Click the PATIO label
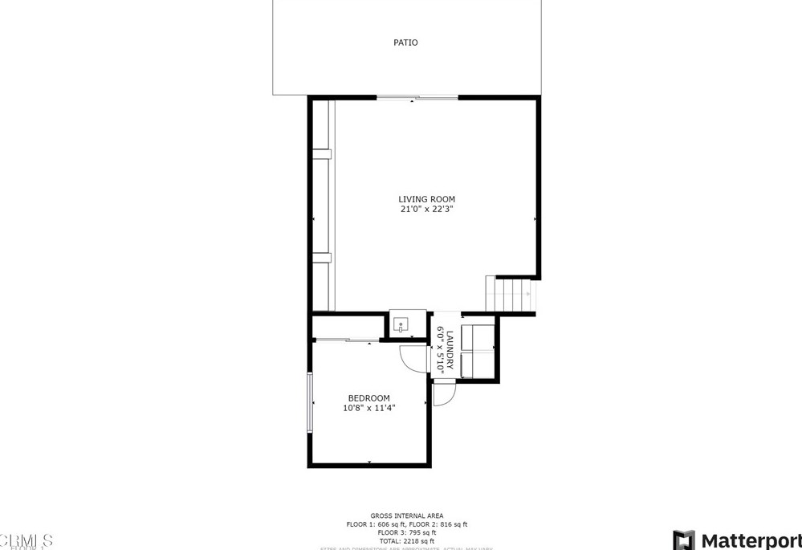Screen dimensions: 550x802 [x=405, y=43]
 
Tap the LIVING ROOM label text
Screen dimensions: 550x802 [x=427, y=199]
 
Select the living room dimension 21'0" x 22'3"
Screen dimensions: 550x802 [x=427, y=210]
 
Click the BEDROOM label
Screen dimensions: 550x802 [x=368, y=398]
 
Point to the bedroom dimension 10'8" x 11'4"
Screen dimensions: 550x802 [x=368, y=408]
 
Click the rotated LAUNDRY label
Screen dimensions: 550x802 [x=450, y=350]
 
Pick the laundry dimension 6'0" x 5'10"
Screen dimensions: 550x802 [x=440, y=350]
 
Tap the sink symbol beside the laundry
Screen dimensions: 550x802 [x=401, y=325]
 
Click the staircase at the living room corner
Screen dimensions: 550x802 [x=509, y=295]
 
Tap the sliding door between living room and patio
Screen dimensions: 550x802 [x=417, y=98]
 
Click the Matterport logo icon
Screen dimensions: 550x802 [x=684, y=540]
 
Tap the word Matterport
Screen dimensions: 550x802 [x=751, y=540]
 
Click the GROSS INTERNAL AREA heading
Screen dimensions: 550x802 [x=406, y=515]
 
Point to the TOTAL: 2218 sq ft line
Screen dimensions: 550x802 [x=406, y=541]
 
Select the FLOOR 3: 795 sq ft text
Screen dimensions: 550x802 [x=406, y=532]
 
